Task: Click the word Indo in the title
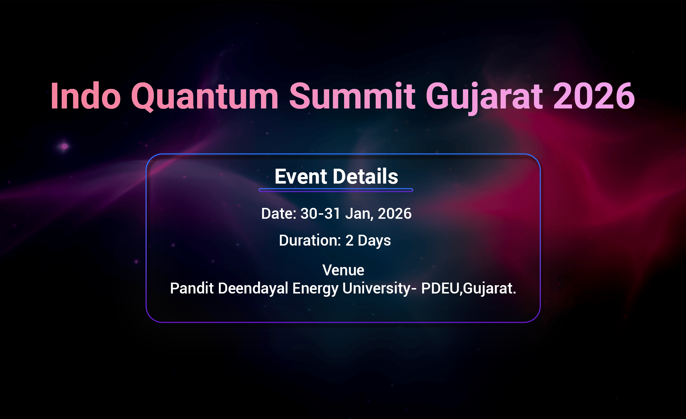point(85,96)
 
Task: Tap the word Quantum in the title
point(205,96)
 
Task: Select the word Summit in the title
point(352,96)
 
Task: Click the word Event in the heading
point(301,177)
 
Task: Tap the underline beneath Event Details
point(336,190)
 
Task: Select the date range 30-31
point(320,214)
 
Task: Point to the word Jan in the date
point(359,214)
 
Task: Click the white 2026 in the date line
point(395,214)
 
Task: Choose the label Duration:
point(310,241)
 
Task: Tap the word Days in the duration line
point(374,241)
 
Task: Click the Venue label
point(343,270)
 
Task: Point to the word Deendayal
point(253,289)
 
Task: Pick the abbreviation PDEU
point(440,288)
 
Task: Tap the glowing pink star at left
point(64,147)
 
